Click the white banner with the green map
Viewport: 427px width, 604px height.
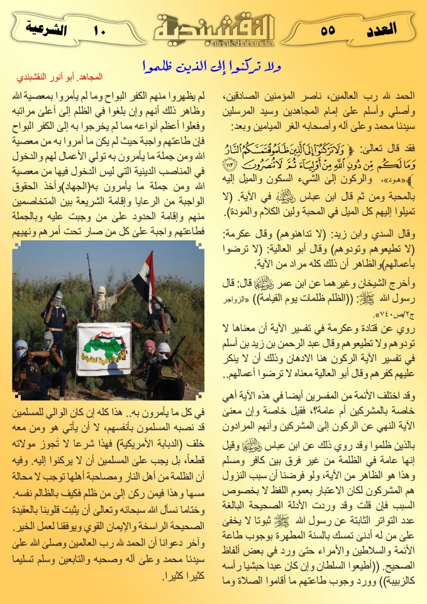pos(104,348)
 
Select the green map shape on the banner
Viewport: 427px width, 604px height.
pos(104,343)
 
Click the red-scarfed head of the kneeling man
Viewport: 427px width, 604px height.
pos(150,346)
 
